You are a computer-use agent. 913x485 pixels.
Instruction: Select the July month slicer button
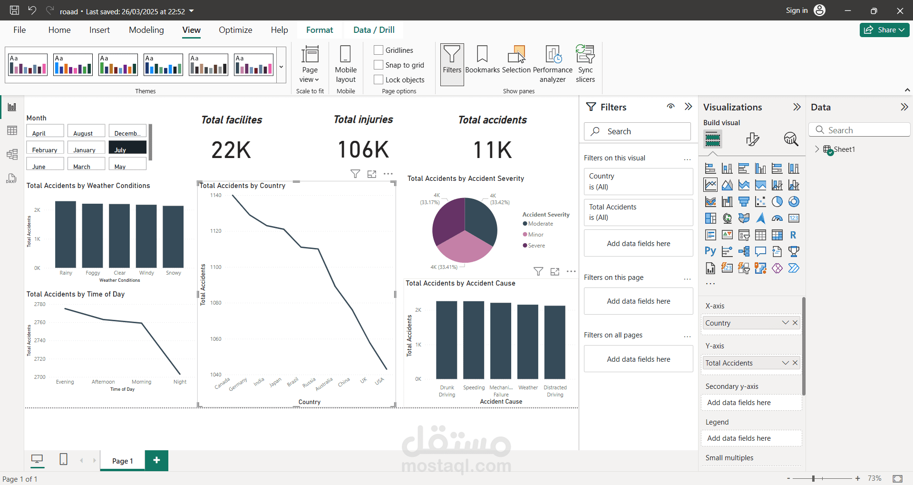click(127, 147)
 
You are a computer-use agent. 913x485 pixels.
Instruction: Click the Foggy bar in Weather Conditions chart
click(92, 236)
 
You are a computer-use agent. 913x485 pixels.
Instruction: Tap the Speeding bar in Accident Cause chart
click(474, 340)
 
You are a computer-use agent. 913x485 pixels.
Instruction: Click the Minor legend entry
click(535, 235)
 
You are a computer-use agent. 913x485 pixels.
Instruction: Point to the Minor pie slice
click(464, 247)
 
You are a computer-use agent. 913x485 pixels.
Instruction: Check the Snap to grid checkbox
click(379, 65)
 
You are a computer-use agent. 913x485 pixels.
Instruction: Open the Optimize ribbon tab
click(235, 30)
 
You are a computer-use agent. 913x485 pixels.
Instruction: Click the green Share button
click(884, 30)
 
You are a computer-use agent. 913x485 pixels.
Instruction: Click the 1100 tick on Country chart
click(216, 267)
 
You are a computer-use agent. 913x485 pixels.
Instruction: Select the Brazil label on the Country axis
click(292, 382)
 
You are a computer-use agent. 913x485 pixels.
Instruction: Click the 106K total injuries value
click(363, 150)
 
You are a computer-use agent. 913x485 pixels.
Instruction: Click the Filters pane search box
click(637, 131)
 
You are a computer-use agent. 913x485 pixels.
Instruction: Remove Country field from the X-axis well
click(795, 323)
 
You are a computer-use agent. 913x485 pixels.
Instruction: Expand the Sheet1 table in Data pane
click(817, 149)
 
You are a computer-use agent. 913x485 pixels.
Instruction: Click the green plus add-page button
click(156, 460)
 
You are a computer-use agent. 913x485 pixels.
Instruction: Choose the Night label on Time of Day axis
click(180, 382)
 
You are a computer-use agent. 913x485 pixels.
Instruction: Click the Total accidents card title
click(492, 120)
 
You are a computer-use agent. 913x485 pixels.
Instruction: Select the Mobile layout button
click(346, 64)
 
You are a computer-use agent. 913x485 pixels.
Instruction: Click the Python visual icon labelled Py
click(710, 251)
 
